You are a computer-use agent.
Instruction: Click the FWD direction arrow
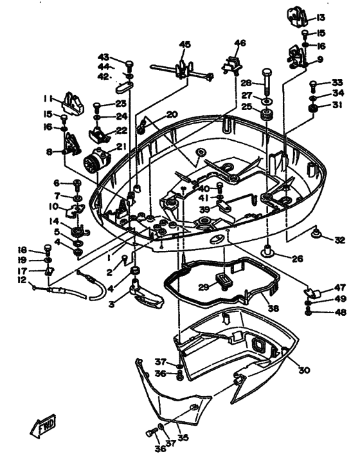pyautogui.click(x=42, y=426)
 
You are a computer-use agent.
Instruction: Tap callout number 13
pyautogui.click(x=320, y=18)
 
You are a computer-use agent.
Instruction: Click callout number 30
pyautogui.click(x=304, y=370)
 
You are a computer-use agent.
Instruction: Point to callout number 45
pyautogui.click(x=185, y=44)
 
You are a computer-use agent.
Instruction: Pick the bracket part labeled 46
pyautogui.click(x=232, y=66)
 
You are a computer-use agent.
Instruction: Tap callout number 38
pyautogui.click(x=273, y=307)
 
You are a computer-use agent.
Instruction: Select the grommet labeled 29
pyautogui.click(x=224, y=281)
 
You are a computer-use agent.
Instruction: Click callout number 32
pyautogui.click(x=339, y=240)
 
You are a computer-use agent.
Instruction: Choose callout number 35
pyautogui.click(x=183, y=437)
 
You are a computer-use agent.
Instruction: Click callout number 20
pyautogui.click(x=172, y=114)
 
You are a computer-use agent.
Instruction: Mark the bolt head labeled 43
pyautogui.click(x=129, y=64)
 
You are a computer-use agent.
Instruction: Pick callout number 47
pyautogui.click(x=340, y=287)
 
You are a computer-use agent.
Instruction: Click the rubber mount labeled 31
pyautogui.click(x=313, y=109)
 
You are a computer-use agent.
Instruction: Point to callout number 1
pyautogui.click(x=109, y=258)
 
